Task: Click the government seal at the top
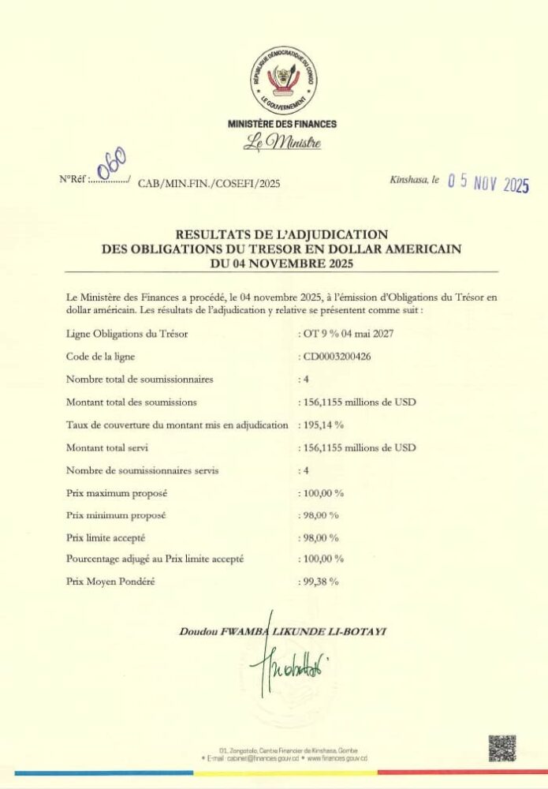click(281, 81)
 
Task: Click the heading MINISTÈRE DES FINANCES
click(281, 124)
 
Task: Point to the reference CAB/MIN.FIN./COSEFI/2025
click(209, 184)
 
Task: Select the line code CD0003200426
click(342, 357)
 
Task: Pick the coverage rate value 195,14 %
click(322, 425)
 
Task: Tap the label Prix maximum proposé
click(117, 493)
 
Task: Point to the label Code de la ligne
click(101, 357)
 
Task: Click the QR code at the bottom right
click(501, 748)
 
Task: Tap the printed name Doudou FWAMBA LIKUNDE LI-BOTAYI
click(284, 632)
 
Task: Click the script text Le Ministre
click(281, 143)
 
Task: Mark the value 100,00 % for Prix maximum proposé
click(322, 493)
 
